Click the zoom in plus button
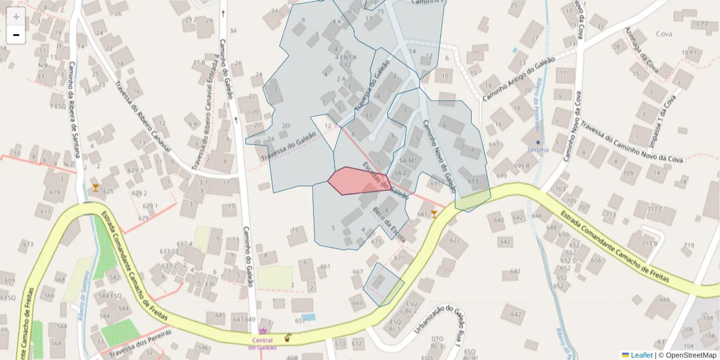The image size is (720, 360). (16, 17)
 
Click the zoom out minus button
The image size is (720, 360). (16, 35)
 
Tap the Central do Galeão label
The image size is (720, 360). (262, 343)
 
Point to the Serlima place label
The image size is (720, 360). (538, 149)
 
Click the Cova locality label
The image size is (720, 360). (664, 34)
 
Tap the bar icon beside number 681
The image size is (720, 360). (434, 214)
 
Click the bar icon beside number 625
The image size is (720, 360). (95, 188)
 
